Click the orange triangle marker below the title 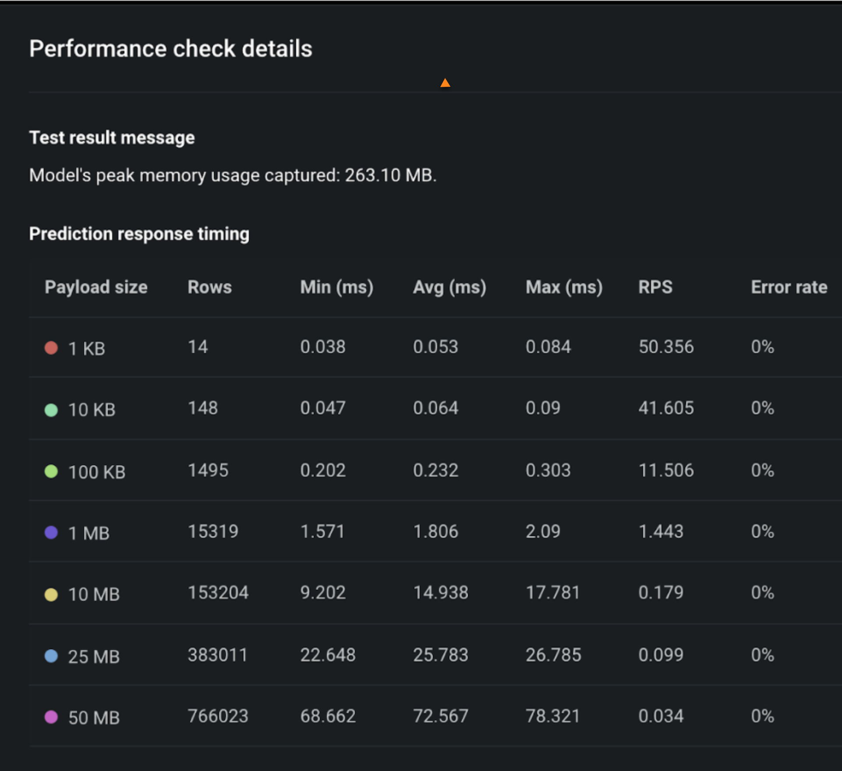click(x=445, y=83)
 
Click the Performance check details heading click(x=170, y=48)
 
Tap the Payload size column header click(x=96, y=287)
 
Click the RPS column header click(x=655, y=287)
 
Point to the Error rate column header click(x=789, y=287)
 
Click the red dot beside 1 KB click(x=51, y=348)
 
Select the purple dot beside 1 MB click(x=51, y=532)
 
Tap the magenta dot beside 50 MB click(x=51, y=717)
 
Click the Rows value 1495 click(x=208, y=470)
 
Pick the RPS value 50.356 click(x=666, y=347)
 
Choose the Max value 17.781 click(x=553, y=593)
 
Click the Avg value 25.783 click(x=441, y=655)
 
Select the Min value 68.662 click(x=328, y=716)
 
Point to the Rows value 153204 click(x=218, y=593)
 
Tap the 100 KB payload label click(x=97, y=472)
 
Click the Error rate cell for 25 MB click(x=762, y=655)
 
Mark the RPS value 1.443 click(x=661, y=531)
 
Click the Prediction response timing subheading click(x=139, y=234)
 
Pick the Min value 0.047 click(x=323, y=408)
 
